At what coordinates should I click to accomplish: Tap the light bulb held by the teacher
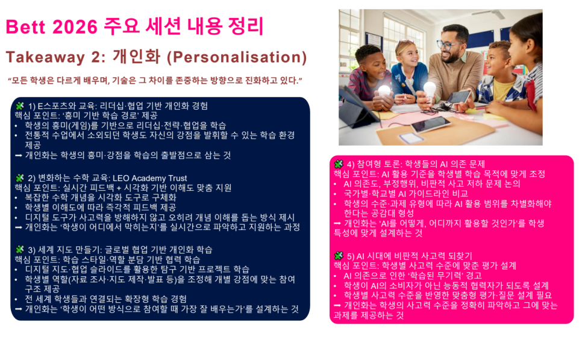430,88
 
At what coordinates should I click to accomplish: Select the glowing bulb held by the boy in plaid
384,91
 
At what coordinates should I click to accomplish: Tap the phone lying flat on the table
430,123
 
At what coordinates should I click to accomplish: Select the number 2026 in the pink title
82,27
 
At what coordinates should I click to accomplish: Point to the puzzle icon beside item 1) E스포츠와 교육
19,105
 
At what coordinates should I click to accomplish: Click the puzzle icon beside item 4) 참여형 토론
339,163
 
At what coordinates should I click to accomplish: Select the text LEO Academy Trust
151,178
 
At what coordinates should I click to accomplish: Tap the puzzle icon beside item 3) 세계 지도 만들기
19,249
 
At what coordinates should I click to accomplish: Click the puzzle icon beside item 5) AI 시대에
339,255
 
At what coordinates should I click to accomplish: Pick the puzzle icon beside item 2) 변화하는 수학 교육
19,178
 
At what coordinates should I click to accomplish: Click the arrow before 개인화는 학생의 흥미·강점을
19,155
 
